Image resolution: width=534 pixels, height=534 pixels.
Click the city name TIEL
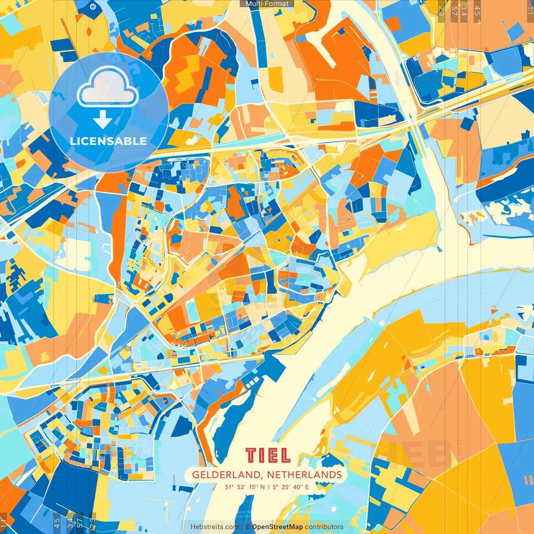267,456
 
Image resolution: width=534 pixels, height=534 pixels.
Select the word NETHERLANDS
304,475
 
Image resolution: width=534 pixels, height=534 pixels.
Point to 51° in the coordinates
229,487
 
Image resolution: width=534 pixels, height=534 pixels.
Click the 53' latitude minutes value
242,487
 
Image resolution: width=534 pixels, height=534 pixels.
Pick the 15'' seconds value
254,487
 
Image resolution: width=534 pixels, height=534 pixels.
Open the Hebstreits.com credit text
214,527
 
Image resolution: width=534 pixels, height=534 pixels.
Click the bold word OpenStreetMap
277,527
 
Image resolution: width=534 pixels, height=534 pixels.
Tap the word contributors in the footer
324,527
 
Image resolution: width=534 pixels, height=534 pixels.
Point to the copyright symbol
247,527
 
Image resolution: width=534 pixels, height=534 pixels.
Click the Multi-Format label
267,4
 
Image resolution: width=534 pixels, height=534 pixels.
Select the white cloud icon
108,86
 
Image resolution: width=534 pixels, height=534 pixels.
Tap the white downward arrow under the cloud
103,121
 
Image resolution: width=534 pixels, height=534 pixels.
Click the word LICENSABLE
108,141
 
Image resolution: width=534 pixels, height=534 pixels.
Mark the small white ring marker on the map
93,7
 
